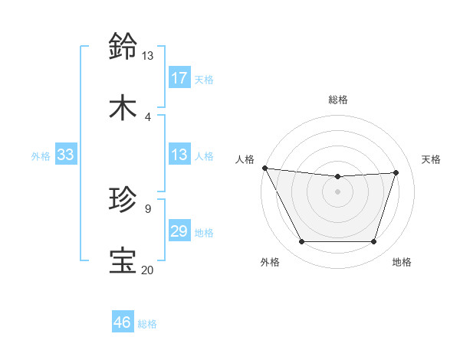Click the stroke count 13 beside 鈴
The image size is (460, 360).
pos(147,56)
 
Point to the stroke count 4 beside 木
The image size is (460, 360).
pos(148,117)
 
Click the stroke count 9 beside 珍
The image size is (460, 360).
pos(148,208)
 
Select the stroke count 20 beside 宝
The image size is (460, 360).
pos(147,270)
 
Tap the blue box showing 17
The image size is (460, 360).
pos(179,77)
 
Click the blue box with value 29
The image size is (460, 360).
pos(179,231)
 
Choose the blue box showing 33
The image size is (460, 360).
pos(66,155)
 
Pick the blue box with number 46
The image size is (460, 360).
pos(123,322)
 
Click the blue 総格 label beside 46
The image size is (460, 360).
pos(147,324)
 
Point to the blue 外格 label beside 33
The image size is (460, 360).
pos(41,156)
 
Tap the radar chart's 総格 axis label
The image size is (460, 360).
pos(338,100)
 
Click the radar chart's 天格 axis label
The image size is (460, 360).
pos(432,159)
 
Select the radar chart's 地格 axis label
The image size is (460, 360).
pos(402,263)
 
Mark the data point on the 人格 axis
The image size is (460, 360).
pos(264,168)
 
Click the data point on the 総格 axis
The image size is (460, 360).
pos(338,177)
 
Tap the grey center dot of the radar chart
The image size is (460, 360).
pos(338,191)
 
